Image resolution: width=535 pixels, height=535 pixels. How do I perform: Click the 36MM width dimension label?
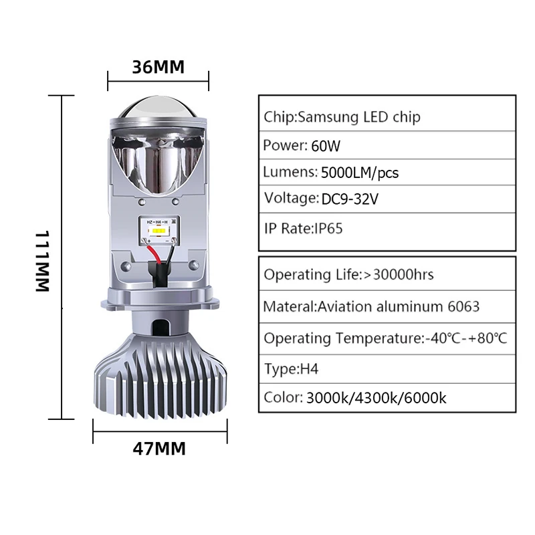[x=157, y=67]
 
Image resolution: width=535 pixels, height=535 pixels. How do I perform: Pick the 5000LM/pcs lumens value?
[x=360, y=173]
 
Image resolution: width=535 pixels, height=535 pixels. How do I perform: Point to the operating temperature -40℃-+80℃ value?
[x=466, y=338]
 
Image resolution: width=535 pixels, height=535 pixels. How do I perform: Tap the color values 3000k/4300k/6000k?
[x=376, y=399]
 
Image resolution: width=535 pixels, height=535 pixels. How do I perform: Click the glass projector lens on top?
[x=158, y=105]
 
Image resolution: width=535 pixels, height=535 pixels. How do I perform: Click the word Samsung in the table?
[x=326, y=117]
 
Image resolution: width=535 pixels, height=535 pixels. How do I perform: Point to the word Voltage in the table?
[x=290, y=199]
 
